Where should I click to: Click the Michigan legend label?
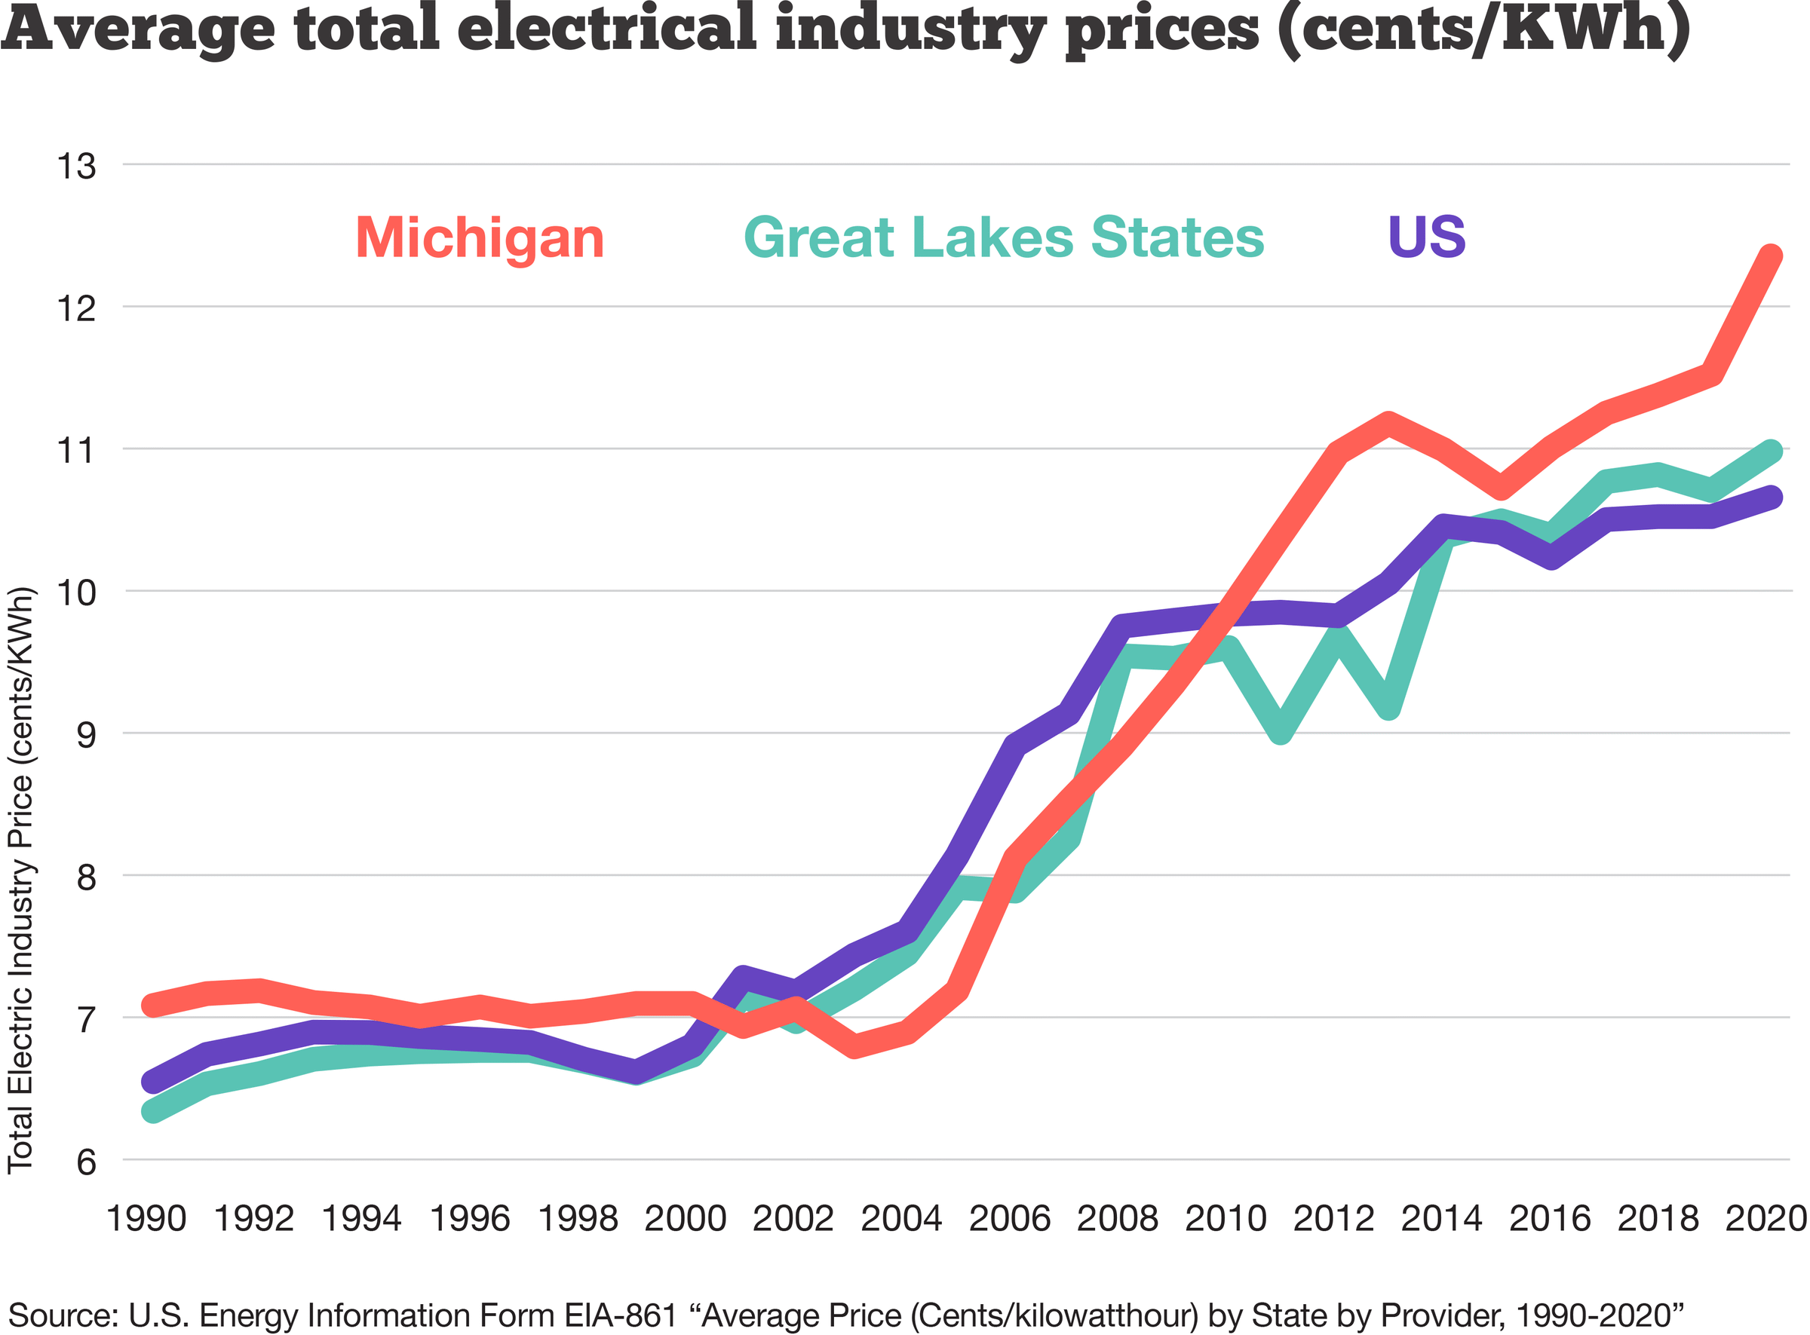coord(480,238)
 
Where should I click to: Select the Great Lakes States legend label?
coord(1003,238)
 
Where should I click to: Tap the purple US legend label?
coord(1426,237)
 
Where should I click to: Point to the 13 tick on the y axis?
coord(76,167)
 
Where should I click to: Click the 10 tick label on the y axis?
coord(76,592)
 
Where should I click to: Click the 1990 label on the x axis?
coord(146,1218)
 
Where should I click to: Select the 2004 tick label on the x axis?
coord(900,1218)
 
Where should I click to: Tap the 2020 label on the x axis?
coord(1766,1218)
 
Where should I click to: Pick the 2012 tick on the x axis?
coord(1333,1218)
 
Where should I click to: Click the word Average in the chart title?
coord(137,29)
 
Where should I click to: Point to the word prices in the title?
coord(1161,29)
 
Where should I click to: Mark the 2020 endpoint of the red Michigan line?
coord(1770,256)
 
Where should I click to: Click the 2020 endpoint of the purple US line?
coord(1770,497)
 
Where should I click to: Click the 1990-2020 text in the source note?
coord(1598,1315)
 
